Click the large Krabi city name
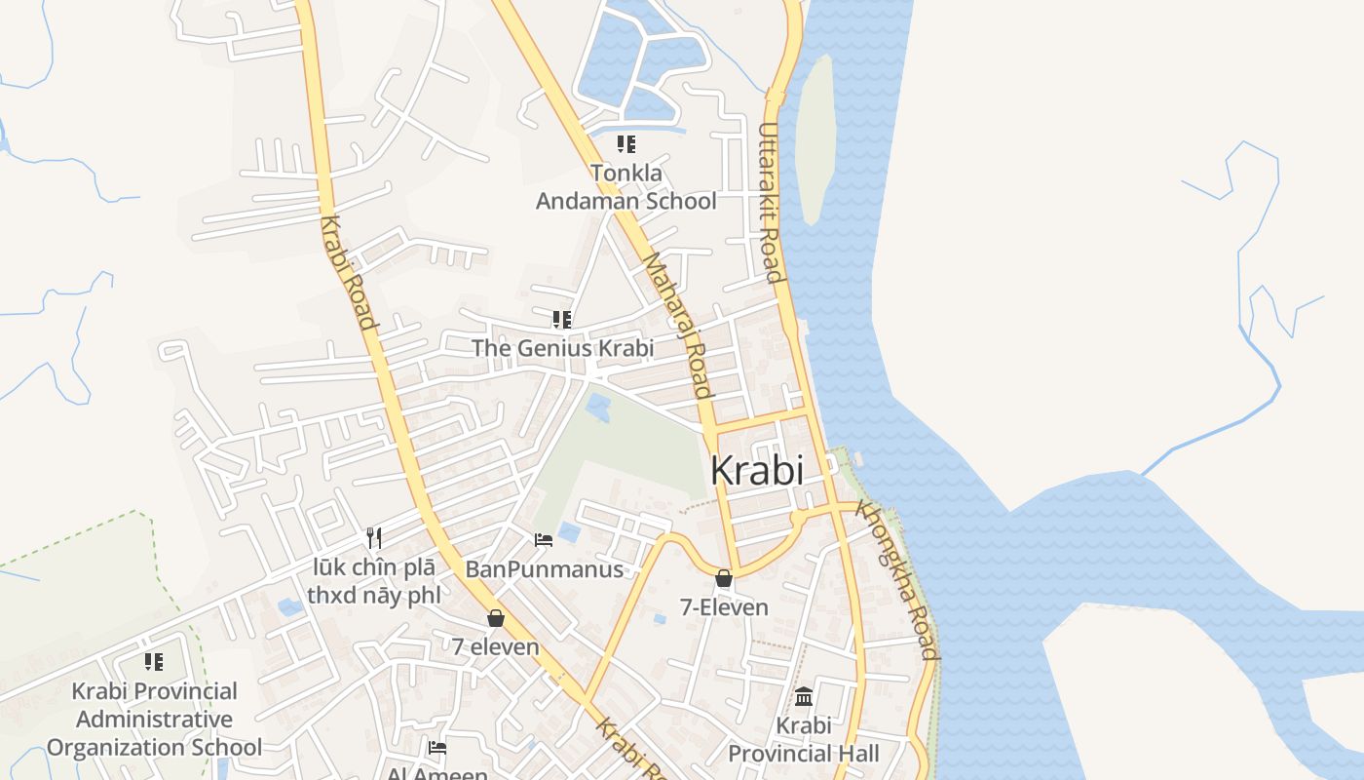coord(757,471)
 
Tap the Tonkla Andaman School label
coord(626,187)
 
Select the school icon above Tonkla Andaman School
coord(626,144)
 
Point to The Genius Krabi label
coord(562,348)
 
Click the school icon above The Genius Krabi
coord(561,319)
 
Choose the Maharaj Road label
coord(678,327)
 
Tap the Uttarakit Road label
coord(771,203)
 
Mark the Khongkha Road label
coord(899,581)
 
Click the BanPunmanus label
coord(544,568)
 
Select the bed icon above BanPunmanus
coord(544,539)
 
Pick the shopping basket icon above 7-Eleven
coord(724,578)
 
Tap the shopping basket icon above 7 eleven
coord(496,618)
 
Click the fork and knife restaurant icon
coord(373,537)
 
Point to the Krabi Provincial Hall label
coord(804,739)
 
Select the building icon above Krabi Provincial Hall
coord(804,696)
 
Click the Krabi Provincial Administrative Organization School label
coord(154,720)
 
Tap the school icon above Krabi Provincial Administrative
coord(154,662)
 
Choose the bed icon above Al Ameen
coord(437,748)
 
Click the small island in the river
coord(815,136)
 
